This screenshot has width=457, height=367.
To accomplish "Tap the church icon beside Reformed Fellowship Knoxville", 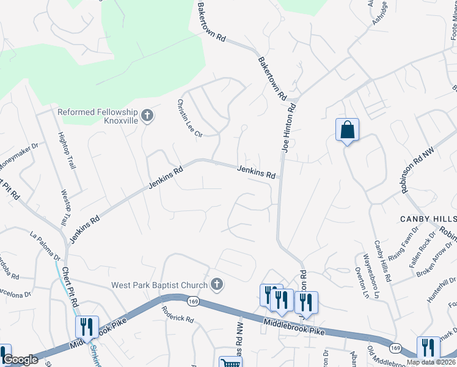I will (x=147, y=115).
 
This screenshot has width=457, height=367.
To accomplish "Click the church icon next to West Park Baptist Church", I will (x=216, y=284).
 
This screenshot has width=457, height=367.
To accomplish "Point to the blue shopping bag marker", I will (x=347, y=130).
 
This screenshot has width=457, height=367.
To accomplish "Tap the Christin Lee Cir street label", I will (x=189, y=118).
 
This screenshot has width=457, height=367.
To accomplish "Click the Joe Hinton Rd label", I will (x=288, y=128).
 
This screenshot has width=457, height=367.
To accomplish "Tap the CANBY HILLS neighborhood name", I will (x=428, y=219).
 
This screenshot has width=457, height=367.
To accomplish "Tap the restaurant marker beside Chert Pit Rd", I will (x=87, y=327).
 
